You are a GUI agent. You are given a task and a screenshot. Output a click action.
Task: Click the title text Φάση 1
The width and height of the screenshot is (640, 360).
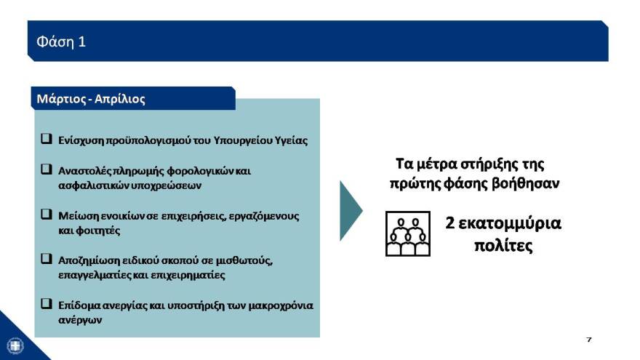(61, 41)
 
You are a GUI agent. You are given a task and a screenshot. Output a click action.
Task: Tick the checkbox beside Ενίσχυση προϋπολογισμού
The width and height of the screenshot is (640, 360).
(46, 138)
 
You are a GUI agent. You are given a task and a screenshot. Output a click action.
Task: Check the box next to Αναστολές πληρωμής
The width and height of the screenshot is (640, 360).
(46, 169)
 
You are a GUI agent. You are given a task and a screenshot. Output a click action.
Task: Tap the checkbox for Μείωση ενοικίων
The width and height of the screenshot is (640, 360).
(46, 215)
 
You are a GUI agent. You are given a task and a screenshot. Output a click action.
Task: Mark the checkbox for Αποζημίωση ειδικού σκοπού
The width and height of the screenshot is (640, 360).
(46, 259)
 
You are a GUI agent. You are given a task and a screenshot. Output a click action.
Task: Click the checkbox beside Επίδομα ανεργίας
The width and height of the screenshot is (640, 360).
(46, 304)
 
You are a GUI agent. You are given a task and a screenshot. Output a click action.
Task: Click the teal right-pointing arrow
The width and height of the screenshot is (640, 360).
(351, 210)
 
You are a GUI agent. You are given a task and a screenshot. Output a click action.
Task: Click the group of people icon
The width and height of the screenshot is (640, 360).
(408, 233)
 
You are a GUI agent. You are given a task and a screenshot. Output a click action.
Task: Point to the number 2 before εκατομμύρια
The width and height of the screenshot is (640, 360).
(451, 223)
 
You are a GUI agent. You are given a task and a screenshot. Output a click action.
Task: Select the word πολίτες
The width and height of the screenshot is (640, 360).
(503, 246)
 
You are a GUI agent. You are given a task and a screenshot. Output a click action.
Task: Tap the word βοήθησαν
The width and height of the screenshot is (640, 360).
(529, 183)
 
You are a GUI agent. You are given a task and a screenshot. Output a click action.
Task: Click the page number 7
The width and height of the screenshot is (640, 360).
(588, 340)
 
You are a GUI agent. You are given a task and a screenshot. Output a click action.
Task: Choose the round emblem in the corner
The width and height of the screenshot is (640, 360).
(15, 345)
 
